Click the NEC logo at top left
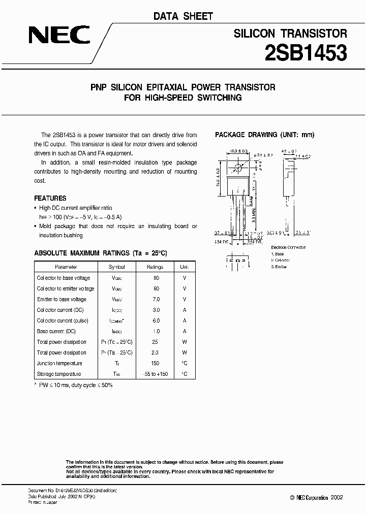point(59,36)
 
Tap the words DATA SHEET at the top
point(183,16)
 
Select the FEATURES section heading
point(50,198)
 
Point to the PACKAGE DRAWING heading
point(265,135)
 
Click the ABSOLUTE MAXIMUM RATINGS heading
point(100,253)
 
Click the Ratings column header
point(156,267)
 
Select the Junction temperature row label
point(59,363)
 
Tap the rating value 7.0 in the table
point(156,299)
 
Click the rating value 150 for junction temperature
point(156,363)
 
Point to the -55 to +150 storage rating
point(156,374)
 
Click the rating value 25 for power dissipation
point(156,342)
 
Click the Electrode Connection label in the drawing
point(288,247)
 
